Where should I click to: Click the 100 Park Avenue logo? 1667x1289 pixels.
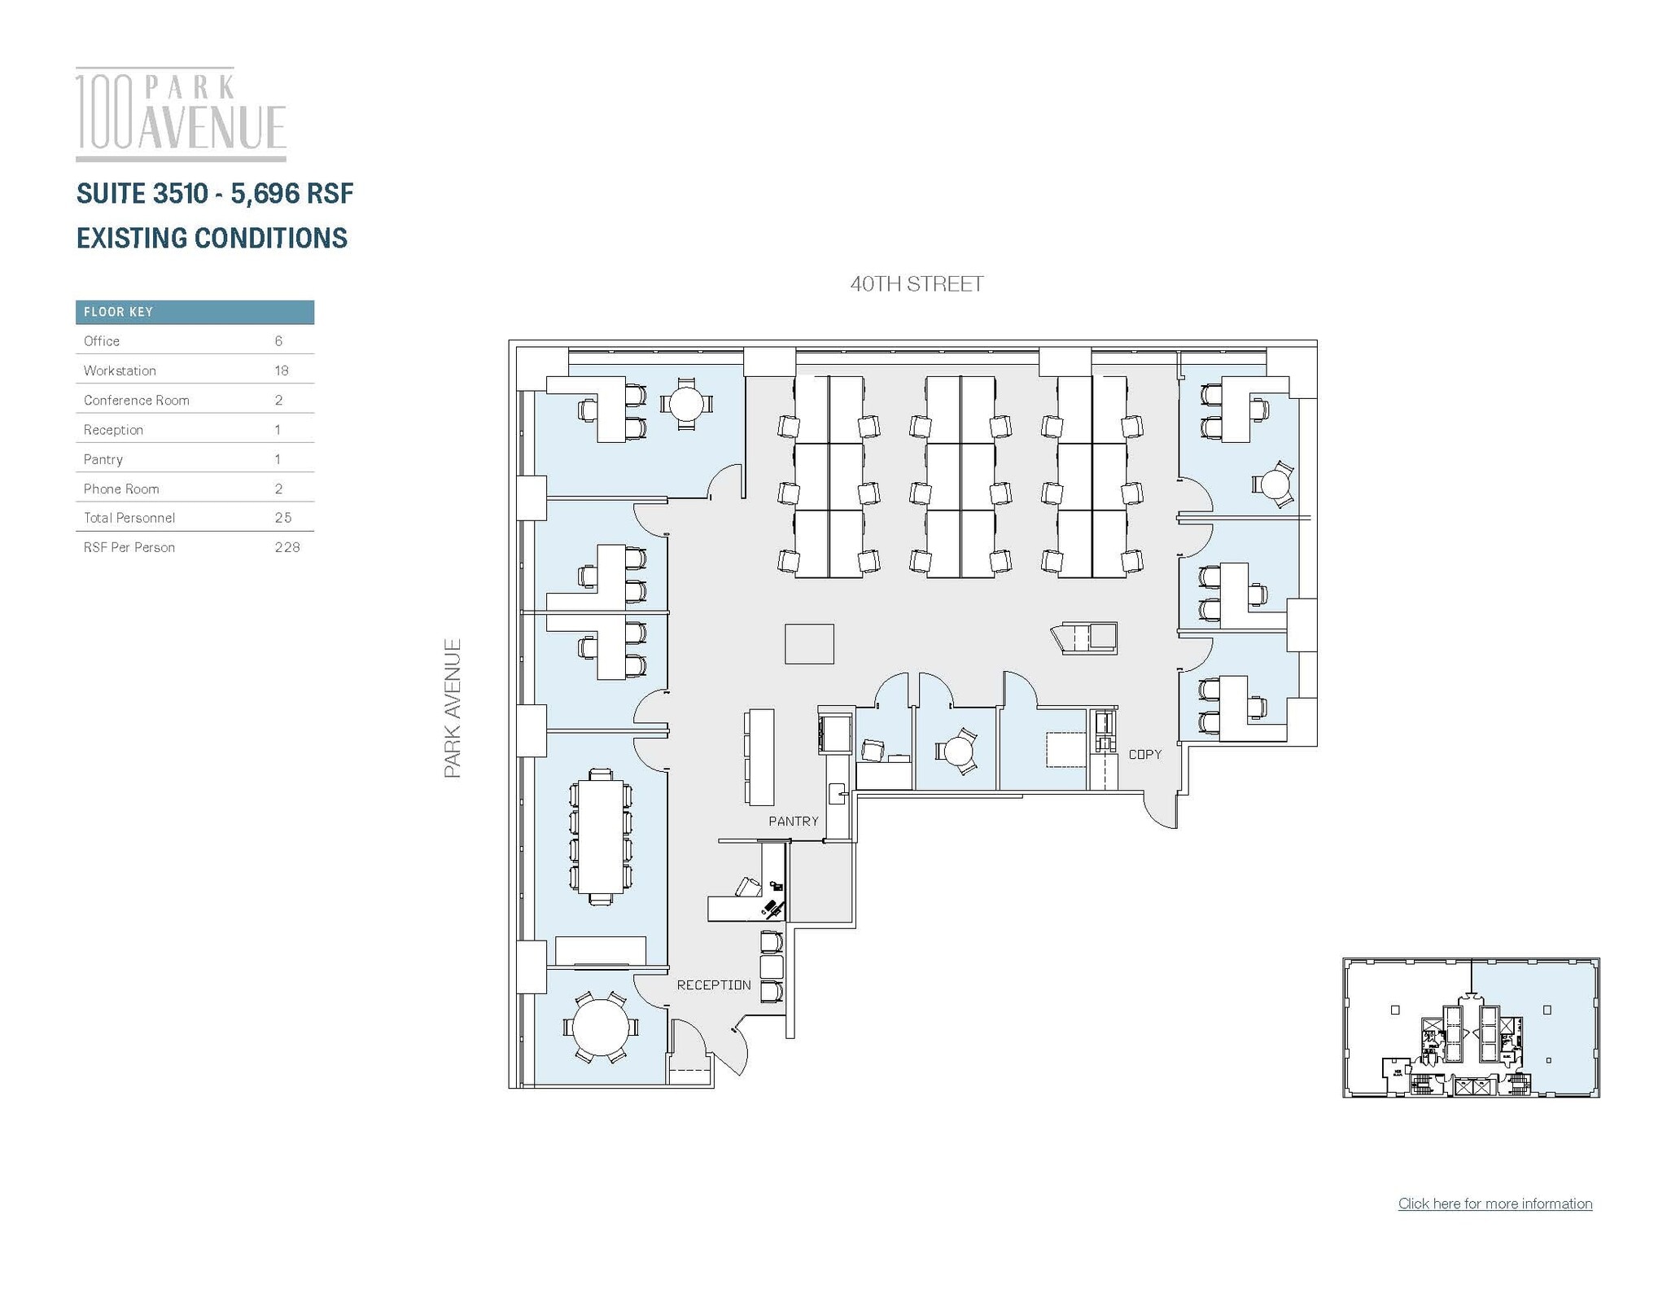[x=181, y=114]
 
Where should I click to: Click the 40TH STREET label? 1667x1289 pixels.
[x=917, y=284]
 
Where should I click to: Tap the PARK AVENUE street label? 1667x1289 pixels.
[x=453, y=708]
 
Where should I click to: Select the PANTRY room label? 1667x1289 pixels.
[x=793, y=821]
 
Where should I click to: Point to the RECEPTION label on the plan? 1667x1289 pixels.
[x=713, y=984]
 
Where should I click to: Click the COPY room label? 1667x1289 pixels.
[x=1144, y=754]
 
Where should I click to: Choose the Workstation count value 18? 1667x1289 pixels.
[x=282, y=370]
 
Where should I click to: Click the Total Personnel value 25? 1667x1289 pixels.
[x=282, y=518]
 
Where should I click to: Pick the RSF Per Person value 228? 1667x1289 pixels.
[x=287, y=547]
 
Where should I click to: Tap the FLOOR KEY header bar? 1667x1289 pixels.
[x=195, y=312]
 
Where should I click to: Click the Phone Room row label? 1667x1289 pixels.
[x=121, y=489]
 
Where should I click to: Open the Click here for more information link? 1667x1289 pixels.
[x=1494, y=1204]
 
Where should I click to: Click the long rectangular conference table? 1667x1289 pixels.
[x=600, y=836]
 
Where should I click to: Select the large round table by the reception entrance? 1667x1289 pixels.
[x=601, y=1027]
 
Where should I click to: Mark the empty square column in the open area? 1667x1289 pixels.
[x=809, y=643]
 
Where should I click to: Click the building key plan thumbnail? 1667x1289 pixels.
[x=1470, y=1028]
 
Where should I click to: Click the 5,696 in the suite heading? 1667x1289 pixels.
[x=265, y=194]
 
